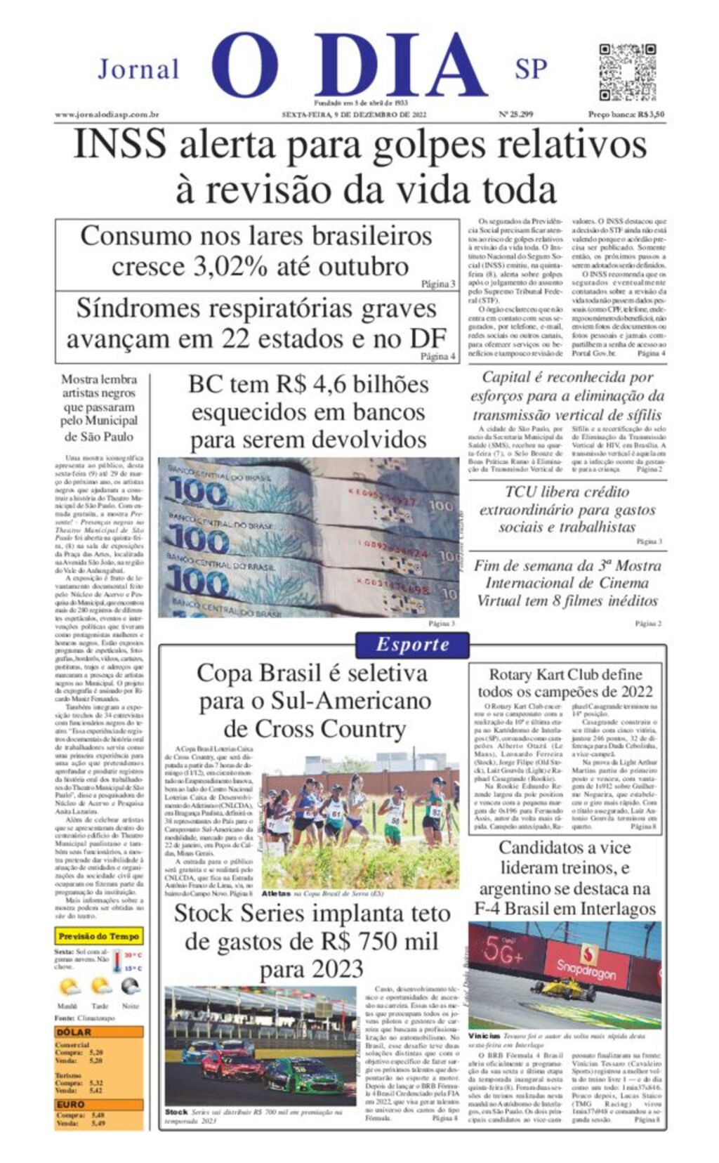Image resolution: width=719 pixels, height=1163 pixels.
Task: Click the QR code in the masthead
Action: tap(627, 72)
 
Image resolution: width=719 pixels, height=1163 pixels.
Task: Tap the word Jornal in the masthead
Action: tap(138, 70)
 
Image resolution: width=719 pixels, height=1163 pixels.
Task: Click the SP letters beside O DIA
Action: tap(531, 69)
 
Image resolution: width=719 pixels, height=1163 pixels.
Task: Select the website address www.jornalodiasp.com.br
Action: tap(107, 114)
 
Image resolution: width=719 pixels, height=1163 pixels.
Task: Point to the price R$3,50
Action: tap(649, 114)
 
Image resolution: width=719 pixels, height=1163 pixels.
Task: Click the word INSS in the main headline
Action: tap(120, 145)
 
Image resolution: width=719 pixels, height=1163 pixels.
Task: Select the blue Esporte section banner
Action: tap(412, 645)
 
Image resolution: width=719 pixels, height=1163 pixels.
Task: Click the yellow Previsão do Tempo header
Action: tap(99, 936)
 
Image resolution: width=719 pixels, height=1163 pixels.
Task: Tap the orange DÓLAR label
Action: tap(74, 1032)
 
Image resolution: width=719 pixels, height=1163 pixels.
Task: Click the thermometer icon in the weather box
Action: tap(118, 961)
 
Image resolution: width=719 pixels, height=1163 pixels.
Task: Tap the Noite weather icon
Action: tap(130, 987)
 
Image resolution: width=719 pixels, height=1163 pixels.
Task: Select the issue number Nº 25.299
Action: tap(515, 114)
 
